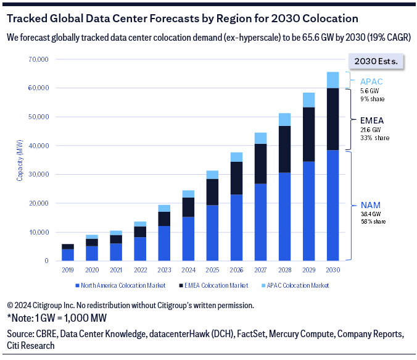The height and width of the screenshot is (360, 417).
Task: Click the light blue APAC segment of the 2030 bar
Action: (332, 80)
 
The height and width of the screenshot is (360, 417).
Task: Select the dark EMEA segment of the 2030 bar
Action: (332, 119)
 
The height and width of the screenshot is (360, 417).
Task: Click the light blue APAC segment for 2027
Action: (260, 138)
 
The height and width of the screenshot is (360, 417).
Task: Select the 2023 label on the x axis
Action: (164, 270)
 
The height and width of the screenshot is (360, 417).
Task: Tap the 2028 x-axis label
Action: (284, 270)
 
